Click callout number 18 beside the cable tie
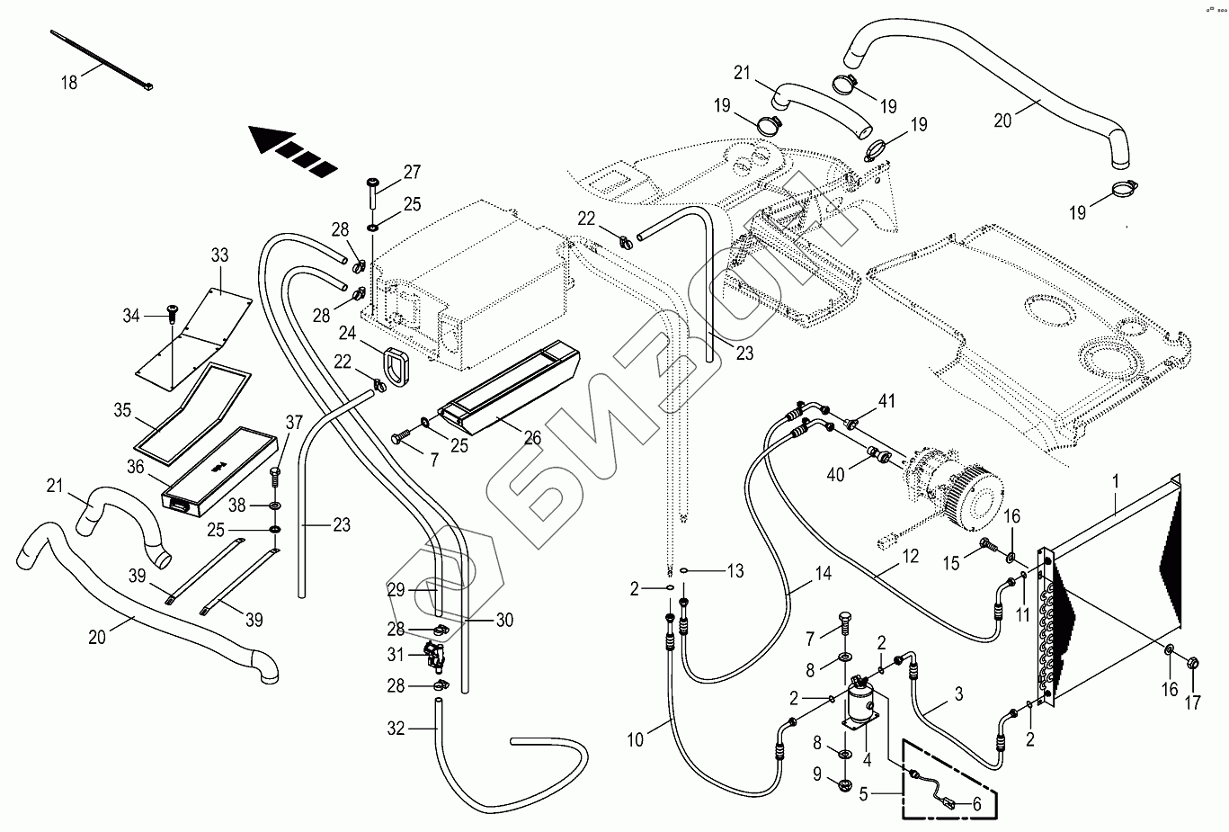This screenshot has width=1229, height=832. click(x=69, y=83)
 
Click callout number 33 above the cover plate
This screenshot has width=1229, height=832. click(x=220, y=255)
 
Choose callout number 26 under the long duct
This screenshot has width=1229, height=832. click(x=533, y=437)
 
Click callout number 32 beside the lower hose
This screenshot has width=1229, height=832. click(x=396, y=729)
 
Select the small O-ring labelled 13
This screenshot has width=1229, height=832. click(x=685, y=570)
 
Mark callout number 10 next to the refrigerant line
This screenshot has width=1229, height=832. click(x=636, y=740)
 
